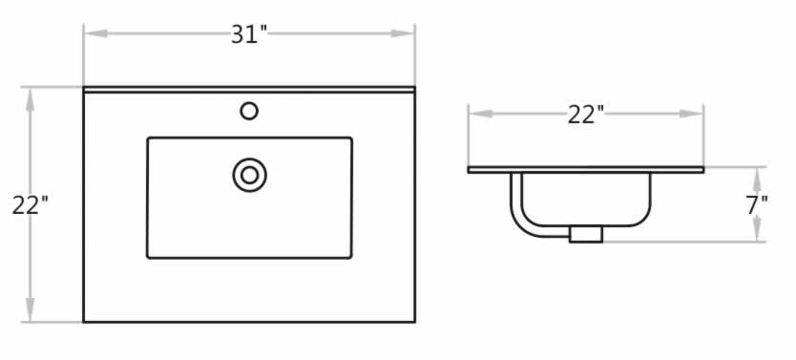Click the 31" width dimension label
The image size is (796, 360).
[249, 34]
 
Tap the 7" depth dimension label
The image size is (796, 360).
[757, 205]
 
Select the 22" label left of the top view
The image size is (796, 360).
[30, 205]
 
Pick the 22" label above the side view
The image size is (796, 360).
[586, 115]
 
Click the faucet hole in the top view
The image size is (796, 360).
[249, 111]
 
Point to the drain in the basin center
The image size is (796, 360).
[250, 175]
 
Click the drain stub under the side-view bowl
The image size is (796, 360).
[586, 234]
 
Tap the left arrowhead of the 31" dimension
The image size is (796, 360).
[96, 33]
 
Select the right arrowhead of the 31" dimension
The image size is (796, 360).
[403, 33]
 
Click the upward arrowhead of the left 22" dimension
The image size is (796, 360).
[30, 100]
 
